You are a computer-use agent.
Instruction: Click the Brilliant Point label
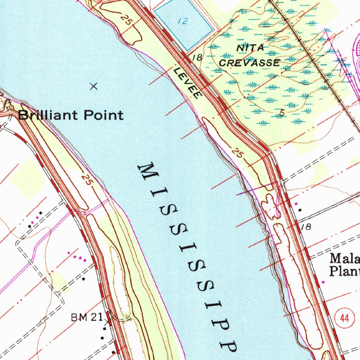tap(71, 115)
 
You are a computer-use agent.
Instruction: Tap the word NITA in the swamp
tap(250, 48)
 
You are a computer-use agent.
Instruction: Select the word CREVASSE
tap(250, 63)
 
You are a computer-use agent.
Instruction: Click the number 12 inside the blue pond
tap(182, 21)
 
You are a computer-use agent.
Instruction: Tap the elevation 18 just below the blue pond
tap(198, 57)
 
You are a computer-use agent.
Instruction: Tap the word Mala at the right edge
tap(345, 259)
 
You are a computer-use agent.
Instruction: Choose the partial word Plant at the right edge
tap(344, 271)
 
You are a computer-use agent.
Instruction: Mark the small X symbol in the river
tap(94, 86)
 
